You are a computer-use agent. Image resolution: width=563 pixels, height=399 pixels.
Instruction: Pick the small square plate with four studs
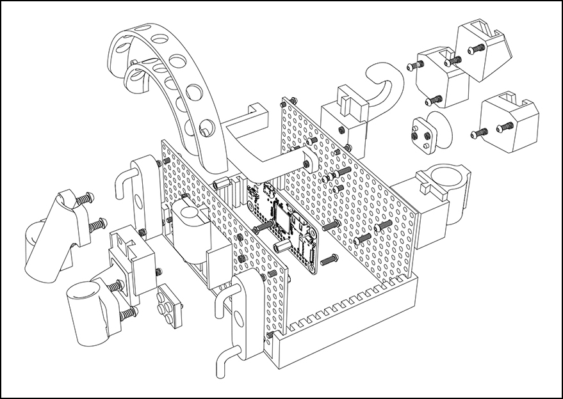coord(168,304)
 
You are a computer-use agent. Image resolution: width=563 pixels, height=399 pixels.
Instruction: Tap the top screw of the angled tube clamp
coord(85,199)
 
